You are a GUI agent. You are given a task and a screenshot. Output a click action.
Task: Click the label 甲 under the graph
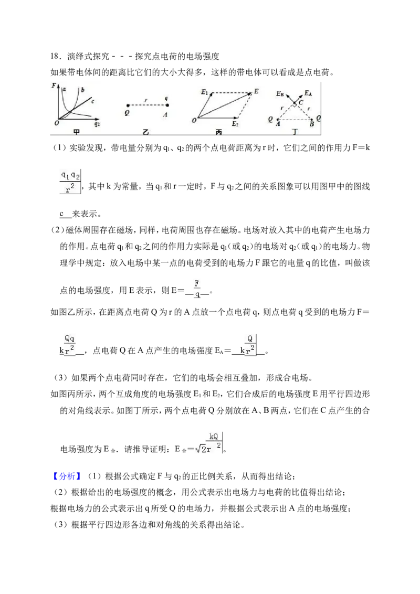(x=77, y=132)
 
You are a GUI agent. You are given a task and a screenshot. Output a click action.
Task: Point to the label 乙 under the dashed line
(x=146, y=132)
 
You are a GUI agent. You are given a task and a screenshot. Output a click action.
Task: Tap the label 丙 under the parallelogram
(x=219, y=132)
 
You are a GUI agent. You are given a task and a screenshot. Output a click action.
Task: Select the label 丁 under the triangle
(x=295, y=132)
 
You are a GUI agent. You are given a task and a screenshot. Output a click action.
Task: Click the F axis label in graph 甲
(x=54, y=85)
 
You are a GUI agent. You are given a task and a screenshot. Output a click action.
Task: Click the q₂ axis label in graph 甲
(x=97, y=124)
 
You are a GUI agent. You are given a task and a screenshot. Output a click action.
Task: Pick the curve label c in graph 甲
(x=92, y=101)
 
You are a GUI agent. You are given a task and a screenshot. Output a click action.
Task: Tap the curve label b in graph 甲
(x=82, y=90)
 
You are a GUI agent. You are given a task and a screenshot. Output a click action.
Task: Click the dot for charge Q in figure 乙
(x=128, y=105)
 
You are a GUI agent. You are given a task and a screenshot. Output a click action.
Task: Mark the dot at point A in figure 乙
(x=167, y=105)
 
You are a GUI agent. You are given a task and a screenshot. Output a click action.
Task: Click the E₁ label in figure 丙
(x=204, y=92)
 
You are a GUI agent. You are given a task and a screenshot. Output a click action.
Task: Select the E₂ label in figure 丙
(x=235, y=124)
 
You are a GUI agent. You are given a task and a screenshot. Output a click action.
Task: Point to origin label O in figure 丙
(x=194, y=121)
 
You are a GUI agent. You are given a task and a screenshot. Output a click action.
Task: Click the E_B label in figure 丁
(x=280, y=93)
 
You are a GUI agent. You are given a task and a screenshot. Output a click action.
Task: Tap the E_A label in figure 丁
(x=308, y=93)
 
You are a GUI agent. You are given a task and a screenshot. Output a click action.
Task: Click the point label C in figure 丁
(x=301, y=102)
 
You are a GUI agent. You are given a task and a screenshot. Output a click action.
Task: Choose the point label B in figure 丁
(x=312, y=124)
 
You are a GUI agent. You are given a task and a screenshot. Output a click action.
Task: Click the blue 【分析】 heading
(x=66, y=476)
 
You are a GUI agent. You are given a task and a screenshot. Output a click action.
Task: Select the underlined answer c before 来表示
(x=61, y=214)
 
